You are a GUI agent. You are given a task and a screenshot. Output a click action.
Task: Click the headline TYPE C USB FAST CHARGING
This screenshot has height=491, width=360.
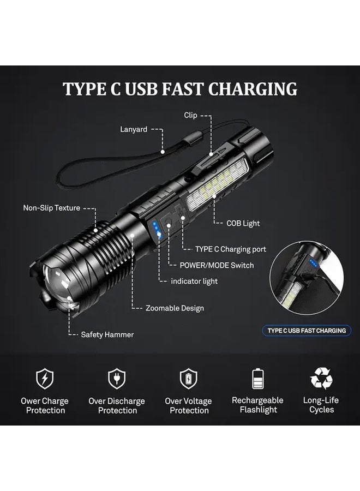pyautogui.click(x=180, y=88)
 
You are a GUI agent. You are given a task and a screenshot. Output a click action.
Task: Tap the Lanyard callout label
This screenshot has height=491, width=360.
pyautogui.click(x=133, y=129)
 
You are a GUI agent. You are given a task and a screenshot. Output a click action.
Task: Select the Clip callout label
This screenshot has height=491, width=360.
pyautogui.click(x=190, y=115)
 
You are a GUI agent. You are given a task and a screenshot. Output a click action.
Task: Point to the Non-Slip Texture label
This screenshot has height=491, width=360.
pyautogui.click(x=51, y=208)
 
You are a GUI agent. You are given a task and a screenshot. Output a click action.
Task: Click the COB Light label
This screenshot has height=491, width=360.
pyautogui.click(x=243, y=223)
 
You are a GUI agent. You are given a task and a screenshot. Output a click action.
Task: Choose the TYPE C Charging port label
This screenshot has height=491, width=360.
pyautogui.click(x=231, y=249)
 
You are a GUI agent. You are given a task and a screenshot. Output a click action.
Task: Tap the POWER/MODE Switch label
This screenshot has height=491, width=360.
pyautogui.click(x=217, y=265)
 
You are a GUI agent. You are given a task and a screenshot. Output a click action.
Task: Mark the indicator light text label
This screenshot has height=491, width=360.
pyautogui.click(x=195, y=281)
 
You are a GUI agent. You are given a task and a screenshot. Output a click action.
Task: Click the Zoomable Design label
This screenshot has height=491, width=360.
pyautogui.click(x=175, y=308)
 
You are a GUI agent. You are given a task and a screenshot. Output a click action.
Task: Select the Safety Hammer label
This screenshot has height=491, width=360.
pyautogui.click(x=107, y=334)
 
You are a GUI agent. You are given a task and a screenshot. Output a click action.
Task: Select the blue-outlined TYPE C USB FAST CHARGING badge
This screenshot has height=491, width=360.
pyautogui.click(x=307, y=331)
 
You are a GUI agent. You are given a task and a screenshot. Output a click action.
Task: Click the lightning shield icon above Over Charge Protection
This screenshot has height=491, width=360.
pyautogui.click(x=44, y=378)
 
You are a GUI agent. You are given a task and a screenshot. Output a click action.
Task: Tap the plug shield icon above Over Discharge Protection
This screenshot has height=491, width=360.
pyautogui.click(x=117, y=378)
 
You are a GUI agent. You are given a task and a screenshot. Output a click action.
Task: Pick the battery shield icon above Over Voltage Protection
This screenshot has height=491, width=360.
pyautogui.click(x=189, y=378)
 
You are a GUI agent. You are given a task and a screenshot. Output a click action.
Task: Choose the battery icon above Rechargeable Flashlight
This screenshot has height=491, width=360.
pyautogui.click(x=257, y=378)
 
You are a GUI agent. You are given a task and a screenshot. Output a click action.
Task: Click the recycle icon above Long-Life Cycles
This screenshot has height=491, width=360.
pyautogui.click(x=321, y=378)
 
